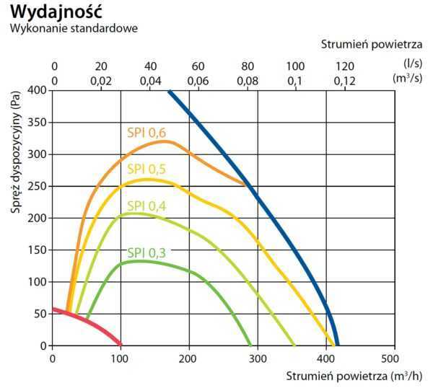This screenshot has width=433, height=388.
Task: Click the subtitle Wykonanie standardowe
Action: tap(73, 29)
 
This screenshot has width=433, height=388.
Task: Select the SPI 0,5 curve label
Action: tap(146, 169)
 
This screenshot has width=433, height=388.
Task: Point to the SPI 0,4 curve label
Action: tap(146, 206)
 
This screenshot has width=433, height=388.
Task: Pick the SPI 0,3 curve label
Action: tap(146, 252)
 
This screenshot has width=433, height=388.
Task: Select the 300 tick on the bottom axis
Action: tap(257, 358)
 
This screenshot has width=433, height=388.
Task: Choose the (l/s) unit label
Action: tap(413, 65)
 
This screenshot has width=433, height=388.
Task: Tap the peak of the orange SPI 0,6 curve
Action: tap(165, 141)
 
